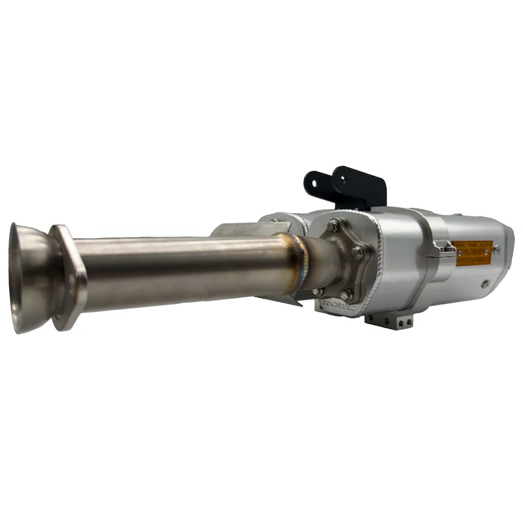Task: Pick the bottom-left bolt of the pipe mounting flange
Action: point(318,292)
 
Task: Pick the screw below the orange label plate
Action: point(485,284)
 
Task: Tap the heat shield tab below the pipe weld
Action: point(281,297)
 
